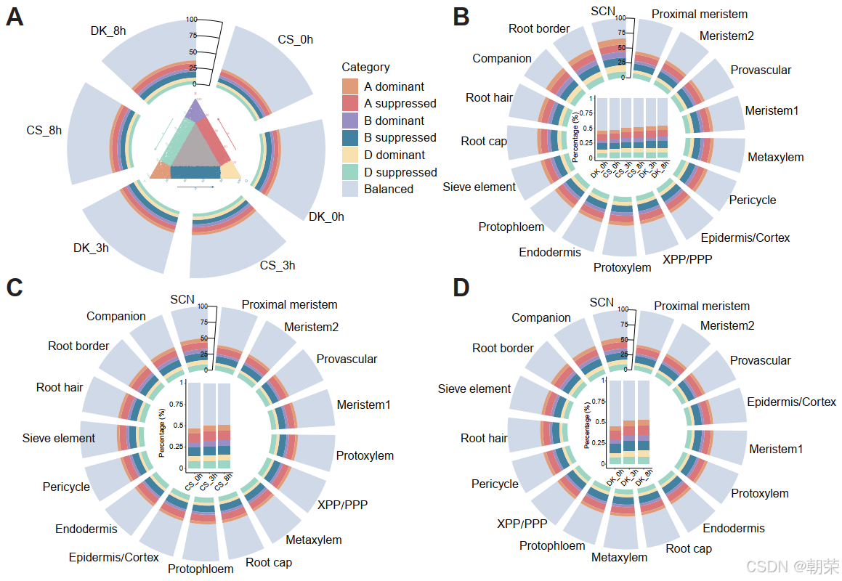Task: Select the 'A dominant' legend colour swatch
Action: tap(350, 86)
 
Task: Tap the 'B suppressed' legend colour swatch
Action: tap(350, 138)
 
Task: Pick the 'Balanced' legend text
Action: tap(389, 190)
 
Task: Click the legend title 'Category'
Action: tap(365, 68)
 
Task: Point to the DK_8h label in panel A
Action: tap(109, 31)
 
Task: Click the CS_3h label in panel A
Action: tap(278, 265)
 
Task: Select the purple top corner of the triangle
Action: tap(195, 110)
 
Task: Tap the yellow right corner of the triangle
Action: tap(230, 171)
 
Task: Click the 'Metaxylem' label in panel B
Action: tap(775, 158)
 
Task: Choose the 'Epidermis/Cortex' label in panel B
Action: tap(745, 237)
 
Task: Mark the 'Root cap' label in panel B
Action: tap(484, 141)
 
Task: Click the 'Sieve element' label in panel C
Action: tap(59, 439)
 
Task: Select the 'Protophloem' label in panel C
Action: tap(201, 569)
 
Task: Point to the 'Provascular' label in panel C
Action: tap(347, 359)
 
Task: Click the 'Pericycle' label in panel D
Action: tap(495, 484)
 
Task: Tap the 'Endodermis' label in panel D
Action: tap(734, 528)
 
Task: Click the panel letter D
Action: tap(461, 288)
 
